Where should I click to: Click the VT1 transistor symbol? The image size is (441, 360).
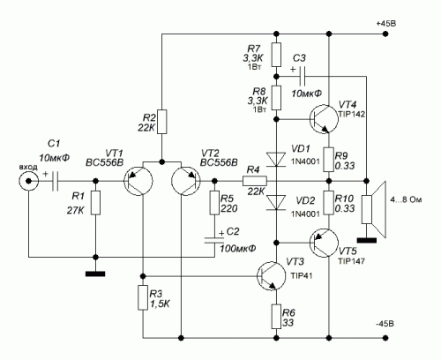point(138,181)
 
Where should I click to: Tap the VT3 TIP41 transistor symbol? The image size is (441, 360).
point(271,276)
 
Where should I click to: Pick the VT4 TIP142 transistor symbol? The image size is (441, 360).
point(324,119)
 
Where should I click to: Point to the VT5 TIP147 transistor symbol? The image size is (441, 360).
point(324,243)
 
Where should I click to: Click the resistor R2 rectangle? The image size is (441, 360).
point(161,122)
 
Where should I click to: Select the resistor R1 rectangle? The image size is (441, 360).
point(95,203)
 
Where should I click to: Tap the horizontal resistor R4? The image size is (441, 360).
point(255,181)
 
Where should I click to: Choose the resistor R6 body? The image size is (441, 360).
point(276,317)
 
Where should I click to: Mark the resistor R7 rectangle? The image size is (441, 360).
point(276,55)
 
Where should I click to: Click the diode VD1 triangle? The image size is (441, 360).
point(276,160)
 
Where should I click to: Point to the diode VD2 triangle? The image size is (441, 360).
point(276,203)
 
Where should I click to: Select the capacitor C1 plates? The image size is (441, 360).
point(55,181)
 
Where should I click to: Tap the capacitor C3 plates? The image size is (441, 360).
point(303,77)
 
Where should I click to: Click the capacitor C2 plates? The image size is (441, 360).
point(214,240)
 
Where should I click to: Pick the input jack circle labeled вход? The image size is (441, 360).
point(28,181)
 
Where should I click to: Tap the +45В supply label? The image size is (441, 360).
point(386,24)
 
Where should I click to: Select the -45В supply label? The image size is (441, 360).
point(385,324)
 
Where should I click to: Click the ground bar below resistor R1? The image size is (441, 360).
point(95,274)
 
